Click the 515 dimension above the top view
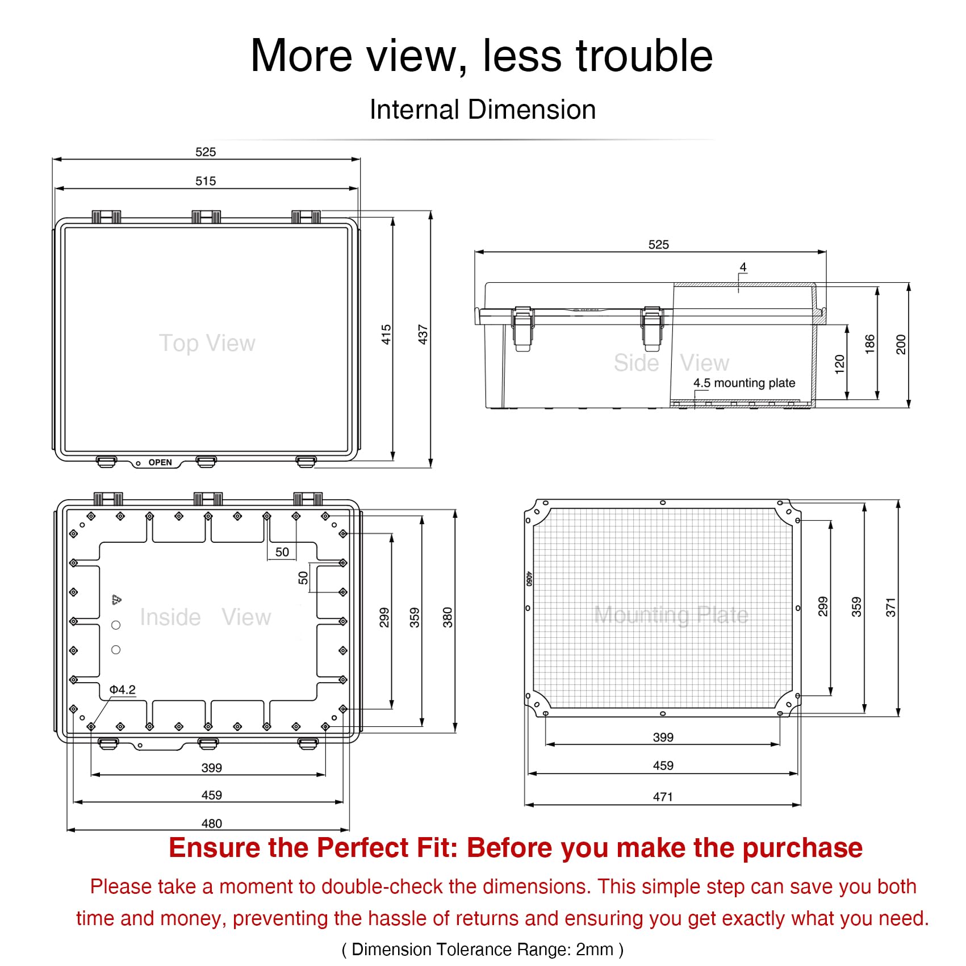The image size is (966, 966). click(206, 181)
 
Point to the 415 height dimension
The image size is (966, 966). click(386, 334)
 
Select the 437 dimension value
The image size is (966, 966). click(423, 334)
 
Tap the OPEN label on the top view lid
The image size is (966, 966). click(160, 462)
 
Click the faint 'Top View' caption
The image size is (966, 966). click(207, 343)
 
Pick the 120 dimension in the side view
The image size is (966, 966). click(840, 364)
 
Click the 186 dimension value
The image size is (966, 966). click(870, 344)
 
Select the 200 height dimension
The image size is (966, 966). click(901, 344)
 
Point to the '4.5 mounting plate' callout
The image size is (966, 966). click(744, 383)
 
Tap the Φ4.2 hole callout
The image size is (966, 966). click(123, 689)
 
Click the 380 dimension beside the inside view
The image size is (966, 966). click(448, 617)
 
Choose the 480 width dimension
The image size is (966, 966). click(212, 823)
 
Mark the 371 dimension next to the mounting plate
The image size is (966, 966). click(890, 607)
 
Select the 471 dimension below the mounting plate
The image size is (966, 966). click(663, 797)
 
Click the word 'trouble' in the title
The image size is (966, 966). click(645, 56)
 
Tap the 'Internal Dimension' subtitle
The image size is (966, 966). click(483, 110)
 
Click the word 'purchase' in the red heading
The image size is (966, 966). click(802, 848)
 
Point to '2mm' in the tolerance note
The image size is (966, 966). click(595, 950)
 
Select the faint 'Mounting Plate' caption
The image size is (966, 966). click(671, 615)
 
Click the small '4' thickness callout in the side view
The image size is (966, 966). click(743, 267)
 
